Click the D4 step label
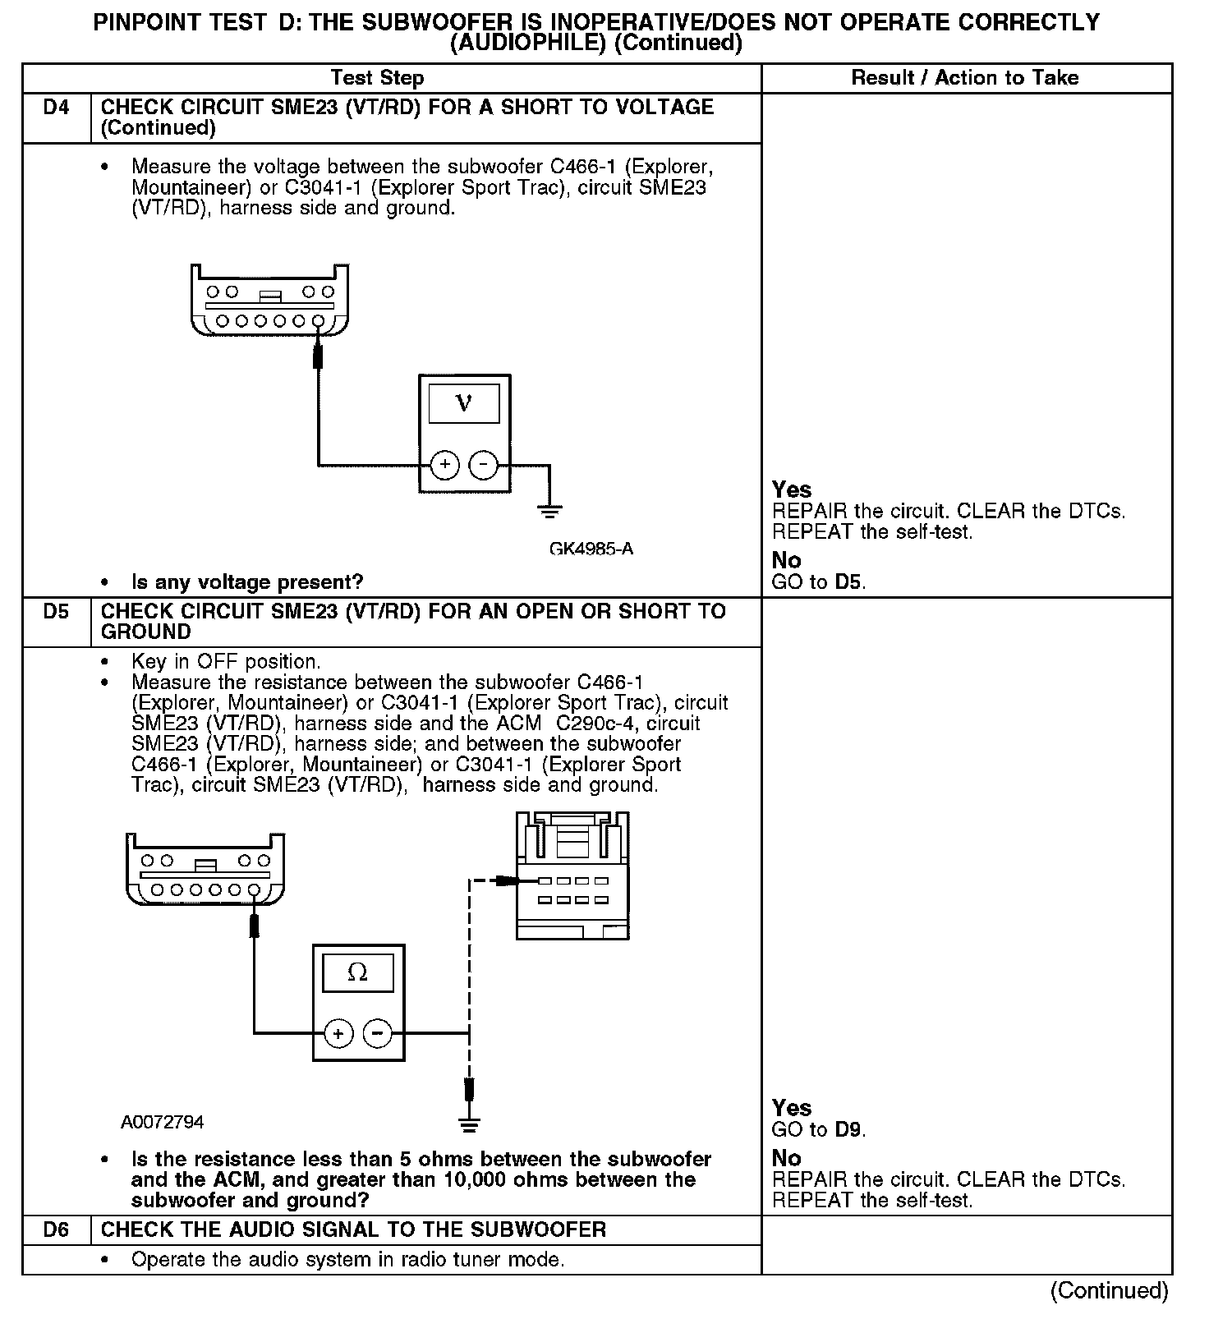click(56, 108)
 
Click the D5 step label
click(56, 612)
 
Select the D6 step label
click(56, 1229)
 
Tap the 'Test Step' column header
click(377, 78)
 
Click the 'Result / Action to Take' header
click(965, 78)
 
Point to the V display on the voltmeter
click(464, 404)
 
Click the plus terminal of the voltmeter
click(445, 465)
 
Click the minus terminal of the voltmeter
click(483, 465)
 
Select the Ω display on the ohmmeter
click(358, 973)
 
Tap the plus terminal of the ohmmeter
click(338, 1033)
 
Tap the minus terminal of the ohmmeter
click(377, 1033)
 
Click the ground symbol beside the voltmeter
click(549, 512)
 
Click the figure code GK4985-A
click(591, 549)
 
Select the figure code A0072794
click(163, 1122)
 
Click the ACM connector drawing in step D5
click(572, 876)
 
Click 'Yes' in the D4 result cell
click(792, 489)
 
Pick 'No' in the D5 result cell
click(786, 1158)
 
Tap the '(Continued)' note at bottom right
click(1109, 1290)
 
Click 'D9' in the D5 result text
click(848, 1129)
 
